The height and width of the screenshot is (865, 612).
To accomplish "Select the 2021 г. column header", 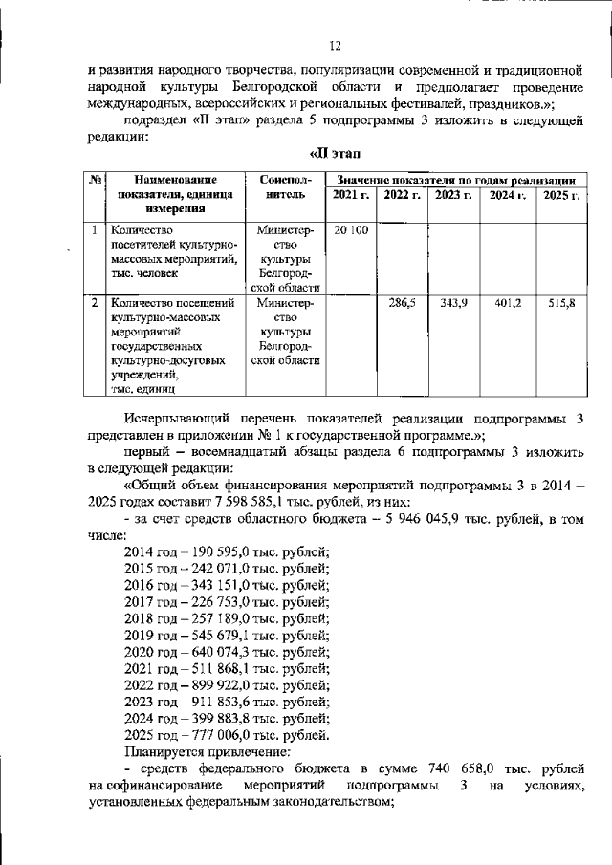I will pyautogui.click(x=349, y=196).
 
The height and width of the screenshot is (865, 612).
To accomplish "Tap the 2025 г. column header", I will pyautogui.click(x=561, y=196).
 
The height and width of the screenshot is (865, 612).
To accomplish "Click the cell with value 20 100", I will pyautogui.click(x=350, y=230).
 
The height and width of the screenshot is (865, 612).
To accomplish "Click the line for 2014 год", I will pyautogui.click(x=227, y=552).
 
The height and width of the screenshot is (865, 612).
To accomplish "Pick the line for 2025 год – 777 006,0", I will pyautogui.click(x=227, y=736).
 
